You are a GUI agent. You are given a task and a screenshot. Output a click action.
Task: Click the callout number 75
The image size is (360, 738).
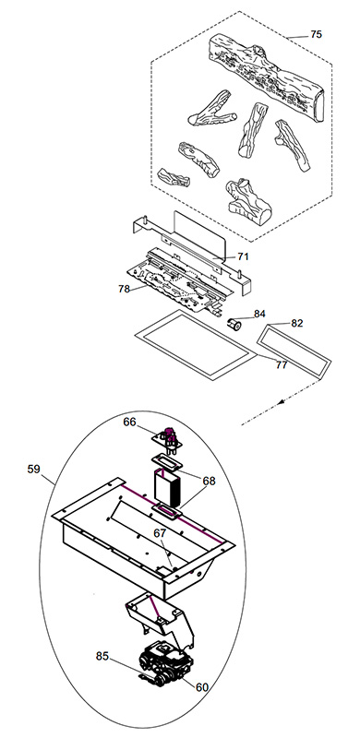click(x=316, y=34)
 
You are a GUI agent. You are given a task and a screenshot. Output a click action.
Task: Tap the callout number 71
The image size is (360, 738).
click(x=243, y=256)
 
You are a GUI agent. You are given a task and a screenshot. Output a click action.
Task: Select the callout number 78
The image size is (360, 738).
click(x=124, y=289)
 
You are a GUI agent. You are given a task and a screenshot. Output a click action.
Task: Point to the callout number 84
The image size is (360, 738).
click(x=259, y=314)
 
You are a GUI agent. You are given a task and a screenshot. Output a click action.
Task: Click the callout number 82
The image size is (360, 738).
click(x=297, y=324)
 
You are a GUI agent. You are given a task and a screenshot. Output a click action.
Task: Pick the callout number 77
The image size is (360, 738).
click(x=282, y=364)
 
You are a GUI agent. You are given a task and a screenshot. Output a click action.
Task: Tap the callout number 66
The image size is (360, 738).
click(x=129, y=423)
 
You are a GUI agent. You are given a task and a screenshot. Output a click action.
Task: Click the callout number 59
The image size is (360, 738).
click(x=33, y=470)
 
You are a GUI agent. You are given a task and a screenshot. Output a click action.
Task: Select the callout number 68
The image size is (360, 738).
click(x=209, y=481)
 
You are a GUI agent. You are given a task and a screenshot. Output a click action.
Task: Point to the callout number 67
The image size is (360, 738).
click(x=161, y=532)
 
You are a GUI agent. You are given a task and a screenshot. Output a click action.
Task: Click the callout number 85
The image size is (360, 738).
click(x=102, y=656)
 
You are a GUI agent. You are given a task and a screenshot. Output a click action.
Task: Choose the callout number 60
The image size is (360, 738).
click(x=201, y=687)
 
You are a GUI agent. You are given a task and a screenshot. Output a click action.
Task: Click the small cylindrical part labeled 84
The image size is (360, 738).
click(x=234, y=325)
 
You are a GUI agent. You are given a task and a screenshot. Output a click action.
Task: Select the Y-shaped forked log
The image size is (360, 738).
click(x=211, y=109)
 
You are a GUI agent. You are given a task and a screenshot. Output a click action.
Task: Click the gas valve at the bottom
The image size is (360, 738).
click(x=164, y=663)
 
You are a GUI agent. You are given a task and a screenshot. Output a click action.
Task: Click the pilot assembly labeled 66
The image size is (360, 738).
click(x=168, y=439)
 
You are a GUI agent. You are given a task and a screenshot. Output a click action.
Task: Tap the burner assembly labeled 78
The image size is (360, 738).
click(x=181, y=280)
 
